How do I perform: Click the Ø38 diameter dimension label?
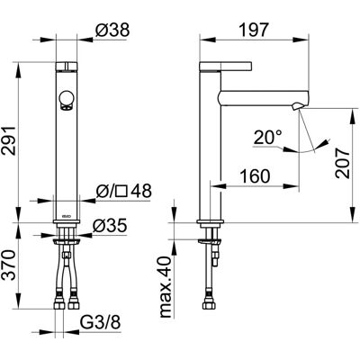[112, 30]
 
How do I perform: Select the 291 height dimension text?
[9, 140]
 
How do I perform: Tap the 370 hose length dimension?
[9, 265]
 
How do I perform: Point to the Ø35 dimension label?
[110, 226]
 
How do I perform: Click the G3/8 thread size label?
[100, 323]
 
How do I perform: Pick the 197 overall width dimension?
[253, 30]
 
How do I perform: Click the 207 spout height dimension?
[343, 163]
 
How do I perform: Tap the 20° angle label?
[268, 138]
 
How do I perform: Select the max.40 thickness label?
[166, 287]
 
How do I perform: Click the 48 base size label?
[141, 191]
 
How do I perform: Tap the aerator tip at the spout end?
[297, 106]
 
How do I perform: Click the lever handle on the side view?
[226, 67]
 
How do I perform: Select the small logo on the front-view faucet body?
[67, 216]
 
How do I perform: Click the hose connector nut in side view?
[210, 305]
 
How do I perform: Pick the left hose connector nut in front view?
[60, 304]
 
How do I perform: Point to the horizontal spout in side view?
[264, 98]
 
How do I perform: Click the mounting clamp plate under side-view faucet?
[210, 241]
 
